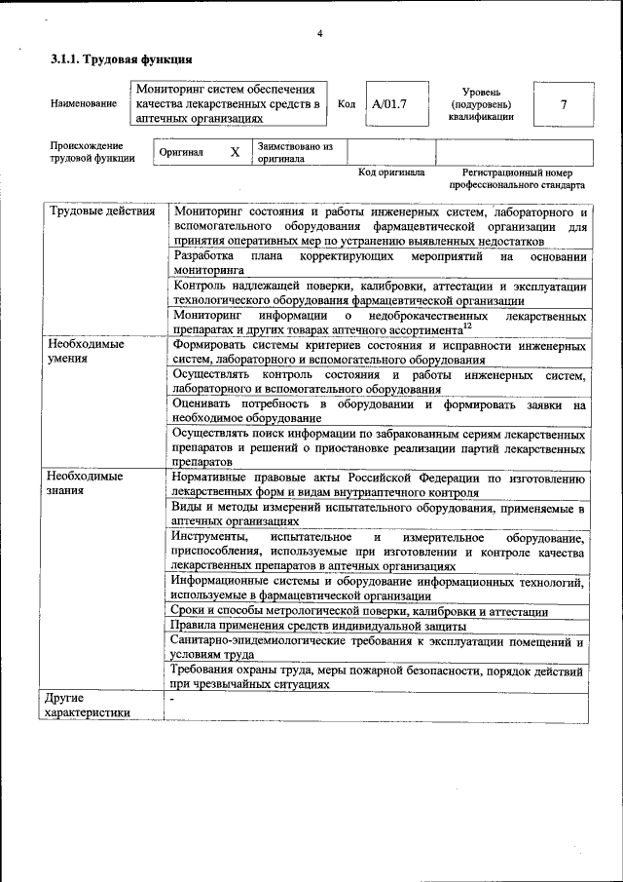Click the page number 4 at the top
point(319,34)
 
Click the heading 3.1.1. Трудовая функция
point(114,60)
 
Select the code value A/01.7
point(388,103)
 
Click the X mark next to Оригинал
point(235,152)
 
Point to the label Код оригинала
point(391,173)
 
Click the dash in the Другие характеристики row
point(172,700)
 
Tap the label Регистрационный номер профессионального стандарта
point(517,178)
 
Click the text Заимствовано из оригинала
point(295,152)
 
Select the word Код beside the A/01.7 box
point(346,104)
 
